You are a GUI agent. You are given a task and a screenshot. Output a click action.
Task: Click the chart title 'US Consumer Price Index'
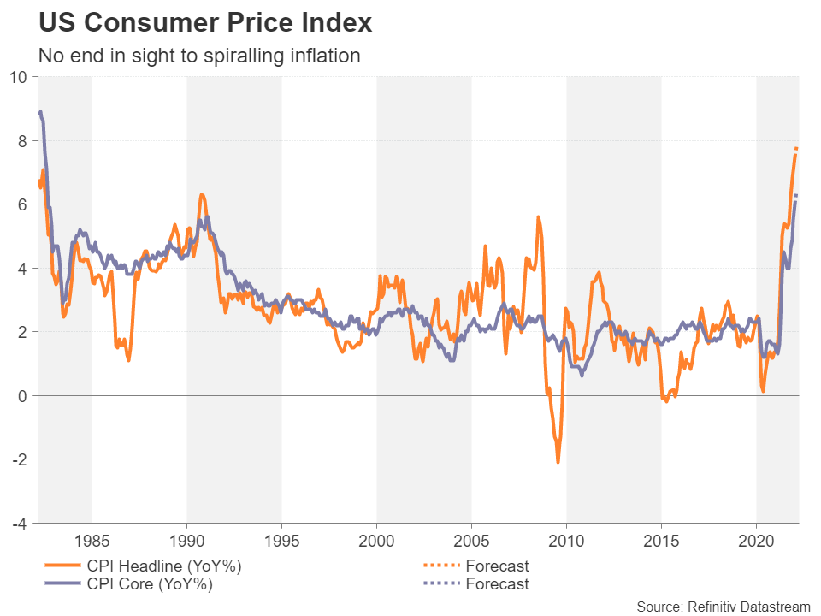click(205, 23)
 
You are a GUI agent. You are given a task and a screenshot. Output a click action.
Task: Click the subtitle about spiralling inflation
click(199, 56)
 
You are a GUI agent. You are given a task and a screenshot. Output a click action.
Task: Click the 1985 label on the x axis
click(92, 542)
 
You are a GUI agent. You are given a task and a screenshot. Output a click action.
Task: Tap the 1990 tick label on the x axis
click(186, 542)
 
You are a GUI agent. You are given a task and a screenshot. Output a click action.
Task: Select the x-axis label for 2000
click(376, 542)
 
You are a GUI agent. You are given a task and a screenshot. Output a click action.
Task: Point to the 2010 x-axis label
click(566, 542)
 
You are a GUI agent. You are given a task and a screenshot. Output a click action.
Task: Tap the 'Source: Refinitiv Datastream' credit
click(723, 607)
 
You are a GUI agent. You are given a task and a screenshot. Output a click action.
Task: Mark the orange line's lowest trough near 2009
click(558, 462)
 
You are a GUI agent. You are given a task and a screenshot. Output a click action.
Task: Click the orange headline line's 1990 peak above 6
click(202, 195)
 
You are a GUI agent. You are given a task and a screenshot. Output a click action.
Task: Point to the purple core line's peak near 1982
click(40, 112)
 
